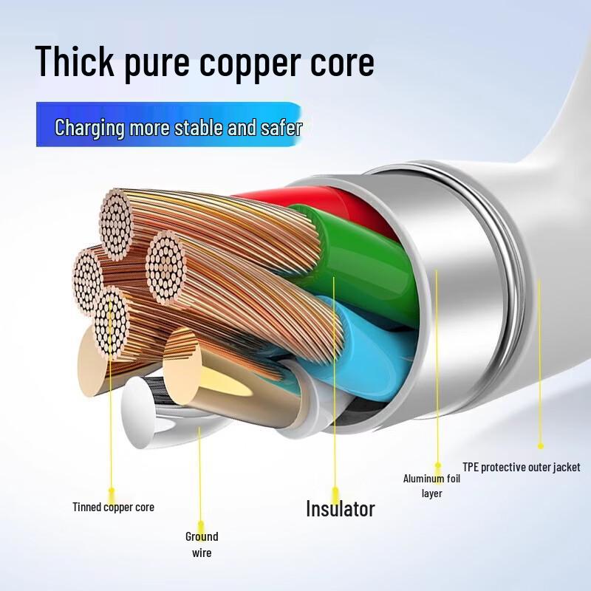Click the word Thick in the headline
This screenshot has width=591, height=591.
75,61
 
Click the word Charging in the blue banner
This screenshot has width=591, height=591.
89,127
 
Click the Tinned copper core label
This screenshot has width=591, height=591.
114,508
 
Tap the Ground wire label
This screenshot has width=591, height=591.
202,544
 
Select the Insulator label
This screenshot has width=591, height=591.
341,508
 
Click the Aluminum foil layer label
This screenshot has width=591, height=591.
431,486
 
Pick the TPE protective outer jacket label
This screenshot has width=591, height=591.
522,468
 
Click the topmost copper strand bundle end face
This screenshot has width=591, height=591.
116,224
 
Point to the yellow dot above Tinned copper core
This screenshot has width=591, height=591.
112,491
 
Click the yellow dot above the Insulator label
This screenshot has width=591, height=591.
335,491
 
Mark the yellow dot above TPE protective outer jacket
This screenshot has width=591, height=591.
541,446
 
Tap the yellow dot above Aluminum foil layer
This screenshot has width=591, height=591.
437,465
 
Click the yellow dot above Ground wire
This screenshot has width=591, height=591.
201,524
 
